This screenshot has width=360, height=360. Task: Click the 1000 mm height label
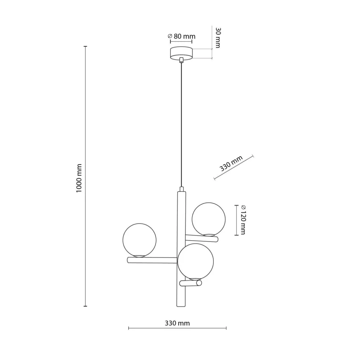tap(79, 178)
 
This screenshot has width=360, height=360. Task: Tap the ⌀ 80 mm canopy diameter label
tap(182, 36)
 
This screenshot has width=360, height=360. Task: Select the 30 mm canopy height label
tap(218, 37)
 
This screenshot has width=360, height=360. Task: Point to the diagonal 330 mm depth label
tap(231, 163)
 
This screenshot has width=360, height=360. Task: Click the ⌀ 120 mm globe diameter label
tap(242, 220)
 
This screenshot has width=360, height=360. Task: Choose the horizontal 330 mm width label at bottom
tap(177, 323)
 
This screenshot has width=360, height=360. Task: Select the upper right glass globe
tap(209, 219)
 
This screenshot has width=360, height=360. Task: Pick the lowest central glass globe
tap(195, 261)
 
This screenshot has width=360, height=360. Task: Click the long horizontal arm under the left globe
tap(152, 260)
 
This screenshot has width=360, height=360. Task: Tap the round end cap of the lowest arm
tap(198, 283)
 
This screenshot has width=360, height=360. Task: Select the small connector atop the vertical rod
tap(182, 189)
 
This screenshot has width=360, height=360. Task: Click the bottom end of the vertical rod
tap(181, 305)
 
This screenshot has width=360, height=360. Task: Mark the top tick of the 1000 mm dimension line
tap(85, 47)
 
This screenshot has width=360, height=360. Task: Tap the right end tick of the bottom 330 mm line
tap(226, 328)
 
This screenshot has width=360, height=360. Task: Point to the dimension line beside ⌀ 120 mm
tap(235, 220)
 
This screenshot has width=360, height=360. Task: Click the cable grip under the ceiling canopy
tap(181, 60)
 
